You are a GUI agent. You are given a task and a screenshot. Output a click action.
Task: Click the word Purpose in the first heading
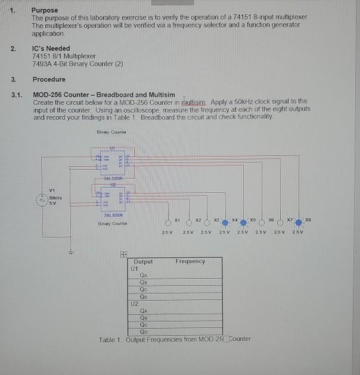coord(45,10)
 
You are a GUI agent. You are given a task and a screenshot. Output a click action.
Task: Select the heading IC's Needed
coord(51,48)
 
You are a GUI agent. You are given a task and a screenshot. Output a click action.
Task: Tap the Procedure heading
coord(49,79)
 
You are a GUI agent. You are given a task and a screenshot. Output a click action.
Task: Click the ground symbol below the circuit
coord(71,252)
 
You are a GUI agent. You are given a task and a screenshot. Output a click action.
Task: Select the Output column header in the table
coord(144,261)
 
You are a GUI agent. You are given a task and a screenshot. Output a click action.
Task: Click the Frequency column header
coord(190,261)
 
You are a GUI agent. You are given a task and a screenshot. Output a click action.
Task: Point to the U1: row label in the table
coord(134,268)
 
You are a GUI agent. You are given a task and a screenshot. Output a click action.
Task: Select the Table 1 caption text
coord(175,339)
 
